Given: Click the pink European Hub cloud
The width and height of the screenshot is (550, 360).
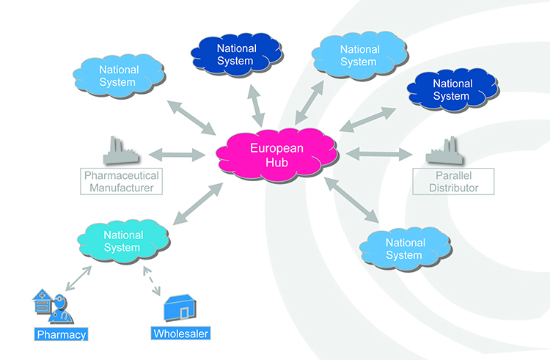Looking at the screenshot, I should (276, 155).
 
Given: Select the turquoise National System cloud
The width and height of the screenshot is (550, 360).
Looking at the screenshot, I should (122, 240).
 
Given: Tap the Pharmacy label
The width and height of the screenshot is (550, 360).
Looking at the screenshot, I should (62, 335).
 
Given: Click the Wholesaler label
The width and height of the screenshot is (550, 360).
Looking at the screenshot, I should (181, 334).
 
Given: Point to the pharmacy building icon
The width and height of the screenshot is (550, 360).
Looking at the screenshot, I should (52, 307).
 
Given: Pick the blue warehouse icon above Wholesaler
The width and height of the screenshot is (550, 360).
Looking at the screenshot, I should (180, 309).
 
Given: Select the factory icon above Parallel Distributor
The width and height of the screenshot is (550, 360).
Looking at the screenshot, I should (444, 152).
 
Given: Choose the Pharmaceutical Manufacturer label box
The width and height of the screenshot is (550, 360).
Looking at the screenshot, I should (121, 182).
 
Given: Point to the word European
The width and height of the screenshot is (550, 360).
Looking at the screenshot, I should (277, 147).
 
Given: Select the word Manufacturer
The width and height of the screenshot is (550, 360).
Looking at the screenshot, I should (122, 188).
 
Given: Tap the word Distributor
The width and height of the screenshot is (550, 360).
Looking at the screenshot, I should (445, 188).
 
